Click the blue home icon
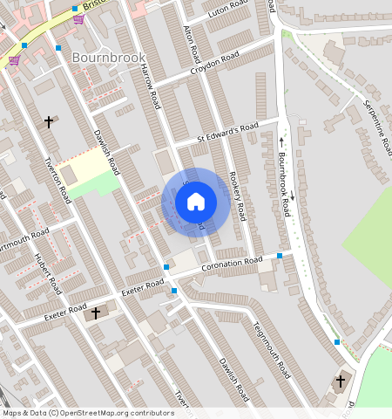(196, 202)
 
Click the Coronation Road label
(231, 264)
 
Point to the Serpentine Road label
(374, 121)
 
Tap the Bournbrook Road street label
(284, 184)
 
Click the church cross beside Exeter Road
(95, 312)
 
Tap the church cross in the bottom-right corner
(341, 381)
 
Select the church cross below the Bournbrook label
(49, 122)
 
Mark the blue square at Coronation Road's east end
(279, 256)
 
